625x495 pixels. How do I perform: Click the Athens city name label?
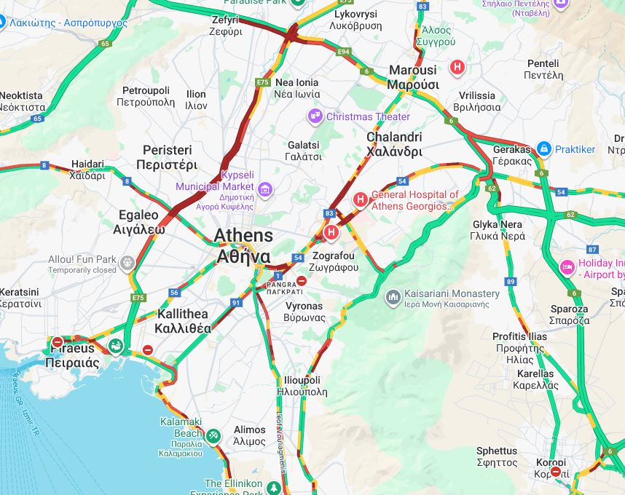(243, 246)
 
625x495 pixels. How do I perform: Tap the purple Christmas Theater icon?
(315, 116)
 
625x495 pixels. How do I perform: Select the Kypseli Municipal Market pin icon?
(265, 191)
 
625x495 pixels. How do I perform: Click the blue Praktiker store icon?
(543, 149)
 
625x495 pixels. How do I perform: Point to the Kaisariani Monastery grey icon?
(393, 297)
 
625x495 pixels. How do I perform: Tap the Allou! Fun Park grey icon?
(128, 263)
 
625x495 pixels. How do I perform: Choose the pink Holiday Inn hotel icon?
(567, 267)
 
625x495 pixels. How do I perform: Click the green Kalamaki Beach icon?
(213, 436)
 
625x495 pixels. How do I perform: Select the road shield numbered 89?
(511, 282)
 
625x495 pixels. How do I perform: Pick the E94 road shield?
(344, 52)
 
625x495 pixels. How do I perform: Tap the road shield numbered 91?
(236, 302)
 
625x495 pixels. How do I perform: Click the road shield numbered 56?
(173, 293)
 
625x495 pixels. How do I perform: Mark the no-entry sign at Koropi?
(557, 472)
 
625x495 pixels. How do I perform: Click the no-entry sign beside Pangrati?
(302, 281)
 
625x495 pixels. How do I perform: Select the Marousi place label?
(412, 77)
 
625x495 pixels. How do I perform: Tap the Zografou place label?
(333, 262)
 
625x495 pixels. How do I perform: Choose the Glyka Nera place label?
(498, 230)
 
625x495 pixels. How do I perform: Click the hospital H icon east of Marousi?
(457, 68)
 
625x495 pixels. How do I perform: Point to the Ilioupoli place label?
(302, 386)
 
